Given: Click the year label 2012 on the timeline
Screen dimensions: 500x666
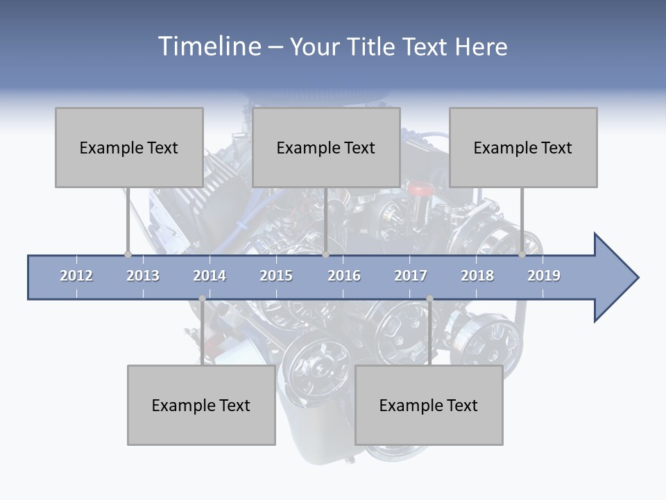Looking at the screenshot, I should tap(76, 276).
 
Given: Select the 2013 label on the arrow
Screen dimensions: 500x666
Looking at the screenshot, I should tap(143, 276).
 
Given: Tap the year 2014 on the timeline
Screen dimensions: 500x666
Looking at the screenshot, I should tap(210, 276).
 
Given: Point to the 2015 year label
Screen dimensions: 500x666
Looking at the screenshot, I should tap(276, 276).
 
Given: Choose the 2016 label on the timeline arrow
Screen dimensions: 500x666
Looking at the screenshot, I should tap(344, 276).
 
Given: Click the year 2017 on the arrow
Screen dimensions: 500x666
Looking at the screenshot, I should tap(411, 276).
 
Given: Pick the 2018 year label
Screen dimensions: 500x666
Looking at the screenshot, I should tap(477, 276).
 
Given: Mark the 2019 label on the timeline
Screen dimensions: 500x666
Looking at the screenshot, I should tap(544, 276).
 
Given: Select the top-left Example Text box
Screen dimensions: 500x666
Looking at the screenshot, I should tap(129, 147).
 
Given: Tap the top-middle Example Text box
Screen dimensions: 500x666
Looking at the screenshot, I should tap(326, 147).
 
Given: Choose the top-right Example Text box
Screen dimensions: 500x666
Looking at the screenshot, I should tap(523, 147).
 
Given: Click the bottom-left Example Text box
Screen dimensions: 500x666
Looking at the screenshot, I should tap(201, 405).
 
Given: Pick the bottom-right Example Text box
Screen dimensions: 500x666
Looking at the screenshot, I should tap(429, 405).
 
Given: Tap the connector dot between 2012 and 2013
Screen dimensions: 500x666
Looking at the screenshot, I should tap(128, 254).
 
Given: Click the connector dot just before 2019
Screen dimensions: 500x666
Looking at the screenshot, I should tap(522, 254).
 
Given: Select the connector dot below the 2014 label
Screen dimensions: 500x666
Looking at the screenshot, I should tap(202, 299).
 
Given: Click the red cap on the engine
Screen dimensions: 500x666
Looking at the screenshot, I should tap(419, 188).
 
